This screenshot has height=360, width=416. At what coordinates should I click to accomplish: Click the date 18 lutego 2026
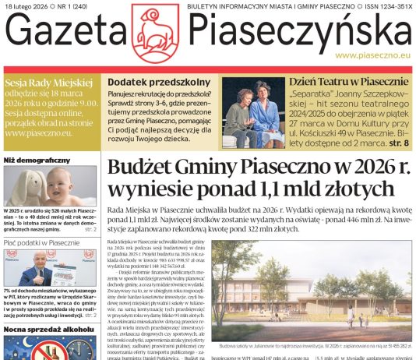point(29,6)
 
